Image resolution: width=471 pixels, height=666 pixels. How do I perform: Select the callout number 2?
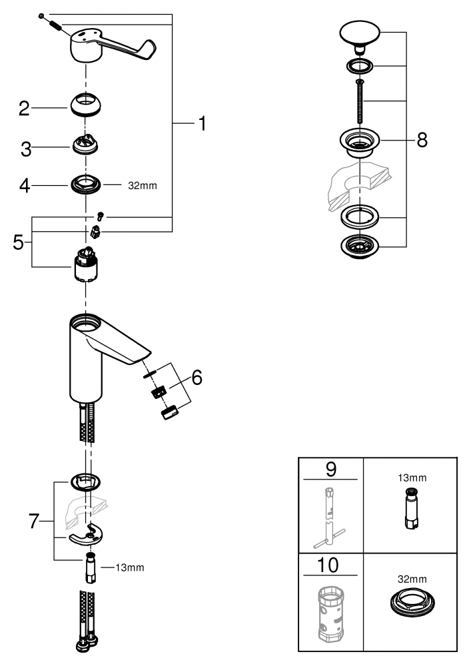pyautogui.click(x=25, y=109)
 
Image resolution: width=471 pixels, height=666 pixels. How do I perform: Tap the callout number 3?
pyautogui.click(x=26, y=149)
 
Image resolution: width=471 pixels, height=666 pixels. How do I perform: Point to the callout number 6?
pyautogui.click(x=196, y=377)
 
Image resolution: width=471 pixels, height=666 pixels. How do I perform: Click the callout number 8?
pyautogui.click(x=421, y=141)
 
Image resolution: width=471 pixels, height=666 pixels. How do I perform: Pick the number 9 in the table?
pyautogui.click(x=330, y=468)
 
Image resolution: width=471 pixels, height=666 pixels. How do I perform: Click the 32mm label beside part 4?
pyautogui.click(x=143, y=186)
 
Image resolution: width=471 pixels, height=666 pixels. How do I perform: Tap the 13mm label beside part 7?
pyautogui.click(x=129, y=567)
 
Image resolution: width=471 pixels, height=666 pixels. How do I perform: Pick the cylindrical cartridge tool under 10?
pyautogui.click(x=331, y=616)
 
